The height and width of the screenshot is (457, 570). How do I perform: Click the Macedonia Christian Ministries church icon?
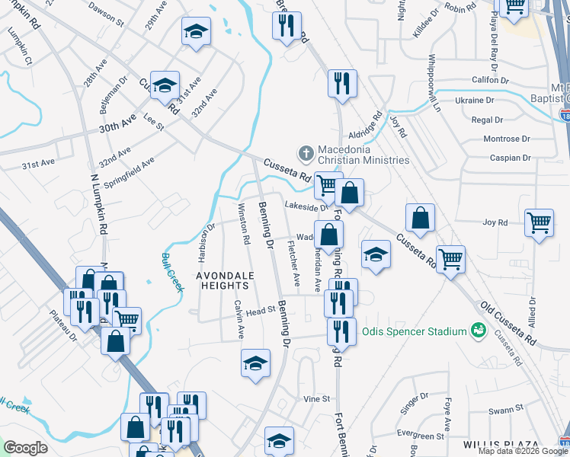306,154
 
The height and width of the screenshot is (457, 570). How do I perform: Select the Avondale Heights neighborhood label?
223,280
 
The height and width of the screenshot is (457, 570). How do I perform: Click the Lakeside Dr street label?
306,206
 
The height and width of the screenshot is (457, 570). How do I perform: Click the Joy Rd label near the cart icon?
495,222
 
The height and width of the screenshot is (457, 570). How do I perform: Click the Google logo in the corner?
26,447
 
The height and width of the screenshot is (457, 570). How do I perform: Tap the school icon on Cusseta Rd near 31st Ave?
164,86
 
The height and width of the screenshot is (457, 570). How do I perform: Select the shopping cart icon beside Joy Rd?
540,222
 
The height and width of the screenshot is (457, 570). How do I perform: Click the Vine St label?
316,398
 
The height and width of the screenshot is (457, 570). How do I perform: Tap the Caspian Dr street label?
511,158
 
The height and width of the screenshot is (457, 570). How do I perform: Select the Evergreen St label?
426,436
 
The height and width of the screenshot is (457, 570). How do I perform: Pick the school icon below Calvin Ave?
255,363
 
